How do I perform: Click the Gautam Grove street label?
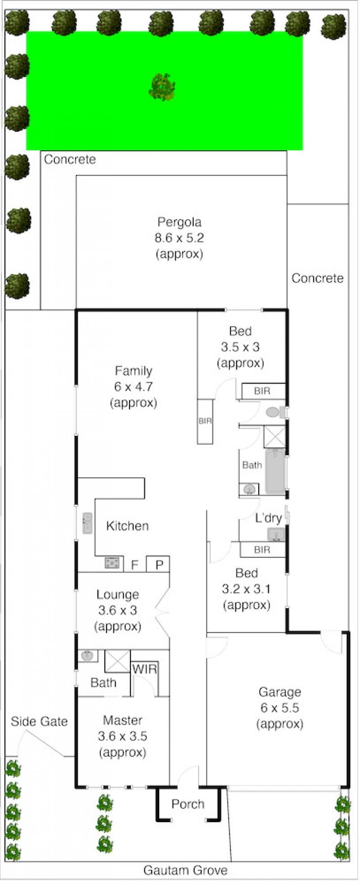[x=185, y=870]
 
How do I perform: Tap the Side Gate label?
[x=39, y=722]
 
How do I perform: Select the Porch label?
[x=188, y=804]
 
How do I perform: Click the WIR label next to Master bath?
[x=144, y=669]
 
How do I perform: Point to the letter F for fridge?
[x=134, y=565]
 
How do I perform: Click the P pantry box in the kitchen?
[x=158, y=564]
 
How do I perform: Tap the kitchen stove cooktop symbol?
[x=112, y=563]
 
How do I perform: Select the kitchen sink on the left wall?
[x=87, y=523]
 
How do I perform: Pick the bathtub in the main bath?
[x=275, y=471]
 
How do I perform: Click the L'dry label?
[x=268, y=518]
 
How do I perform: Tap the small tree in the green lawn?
[x=162, y=87]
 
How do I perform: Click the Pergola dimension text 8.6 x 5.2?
[x=179, y=238]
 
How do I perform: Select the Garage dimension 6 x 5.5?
[x=279, y=708]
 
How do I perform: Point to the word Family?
[x=134, y=371]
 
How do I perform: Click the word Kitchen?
[x=127, y=525]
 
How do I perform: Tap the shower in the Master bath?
[x=117, y=661]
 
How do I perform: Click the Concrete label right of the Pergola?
[x=317, y=278]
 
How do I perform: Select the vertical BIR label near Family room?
[x=205, y=421]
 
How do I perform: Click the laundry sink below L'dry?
[x=276, y=534]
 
